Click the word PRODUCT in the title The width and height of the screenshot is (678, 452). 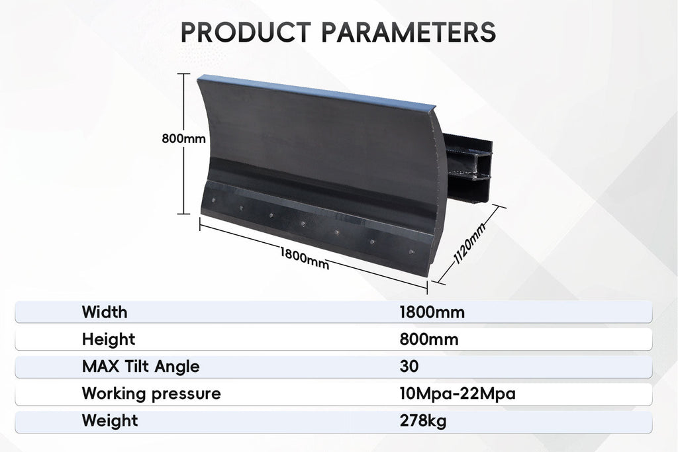246,32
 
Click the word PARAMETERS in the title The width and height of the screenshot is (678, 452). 409,32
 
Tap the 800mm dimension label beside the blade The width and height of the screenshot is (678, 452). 184,139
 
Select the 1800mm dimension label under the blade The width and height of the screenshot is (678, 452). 305,258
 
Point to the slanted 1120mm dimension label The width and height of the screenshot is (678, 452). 471,244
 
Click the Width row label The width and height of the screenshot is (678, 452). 105,312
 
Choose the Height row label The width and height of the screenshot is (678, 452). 109,339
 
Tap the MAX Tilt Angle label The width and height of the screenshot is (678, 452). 141,367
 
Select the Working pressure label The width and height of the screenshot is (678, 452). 152,394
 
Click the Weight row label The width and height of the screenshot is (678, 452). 111,421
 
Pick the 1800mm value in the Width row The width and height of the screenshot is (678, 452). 432,312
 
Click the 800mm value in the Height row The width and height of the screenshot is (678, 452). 429,339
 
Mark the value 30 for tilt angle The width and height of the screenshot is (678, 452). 409,367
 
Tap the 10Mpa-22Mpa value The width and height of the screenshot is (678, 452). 458,394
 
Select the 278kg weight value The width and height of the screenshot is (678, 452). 423,421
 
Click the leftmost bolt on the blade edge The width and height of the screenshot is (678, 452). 213,200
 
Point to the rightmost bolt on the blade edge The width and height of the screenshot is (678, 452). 411,252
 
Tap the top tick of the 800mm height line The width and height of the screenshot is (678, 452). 184,74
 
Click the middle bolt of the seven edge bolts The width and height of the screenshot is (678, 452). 303,224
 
